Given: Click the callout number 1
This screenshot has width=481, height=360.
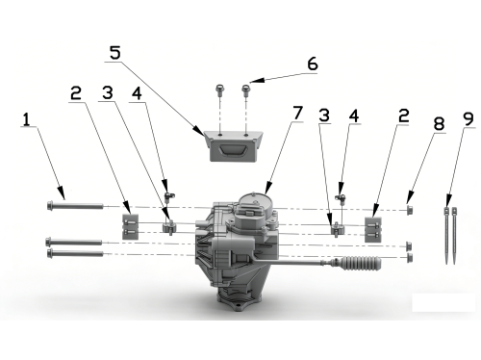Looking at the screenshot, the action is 26,119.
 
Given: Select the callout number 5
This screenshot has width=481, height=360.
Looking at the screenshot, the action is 115,53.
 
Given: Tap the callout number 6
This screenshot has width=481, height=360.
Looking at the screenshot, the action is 313,64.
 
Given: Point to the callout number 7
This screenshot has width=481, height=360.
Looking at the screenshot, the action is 298,113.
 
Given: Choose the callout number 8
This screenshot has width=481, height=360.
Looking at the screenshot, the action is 439,123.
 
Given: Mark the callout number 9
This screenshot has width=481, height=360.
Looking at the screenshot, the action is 468,118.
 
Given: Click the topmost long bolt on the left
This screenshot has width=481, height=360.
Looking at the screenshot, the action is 75,205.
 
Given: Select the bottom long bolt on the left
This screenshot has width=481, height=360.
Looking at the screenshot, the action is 75,253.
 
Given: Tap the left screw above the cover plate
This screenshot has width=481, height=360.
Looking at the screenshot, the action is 219,90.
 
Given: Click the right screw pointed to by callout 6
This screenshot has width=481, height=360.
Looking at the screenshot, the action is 245,90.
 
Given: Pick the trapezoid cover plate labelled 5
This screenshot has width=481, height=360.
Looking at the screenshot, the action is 233,146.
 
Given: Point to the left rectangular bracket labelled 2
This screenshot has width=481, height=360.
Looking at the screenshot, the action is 131,227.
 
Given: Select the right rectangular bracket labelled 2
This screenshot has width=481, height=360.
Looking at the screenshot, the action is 373,230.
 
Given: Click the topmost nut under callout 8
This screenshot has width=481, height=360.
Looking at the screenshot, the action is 410,210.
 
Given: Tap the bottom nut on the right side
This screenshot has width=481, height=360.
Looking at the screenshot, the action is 410,258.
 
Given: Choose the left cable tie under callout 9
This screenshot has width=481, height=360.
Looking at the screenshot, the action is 447,236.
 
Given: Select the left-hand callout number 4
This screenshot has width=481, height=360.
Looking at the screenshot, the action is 137,93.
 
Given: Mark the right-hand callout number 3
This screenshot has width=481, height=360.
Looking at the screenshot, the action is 324,116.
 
